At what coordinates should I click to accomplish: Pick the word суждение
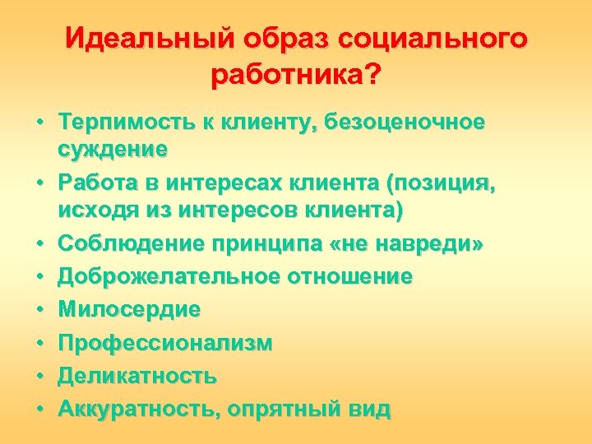(113, 149)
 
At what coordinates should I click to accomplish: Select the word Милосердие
(129, 310)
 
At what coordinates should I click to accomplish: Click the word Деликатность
(137, 376)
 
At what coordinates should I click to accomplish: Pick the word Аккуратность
(136, 409)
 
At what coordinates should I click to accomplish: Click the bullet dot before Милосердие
(39, 311)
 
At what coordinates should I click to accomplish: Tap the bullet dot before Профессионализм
(39, 344)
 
